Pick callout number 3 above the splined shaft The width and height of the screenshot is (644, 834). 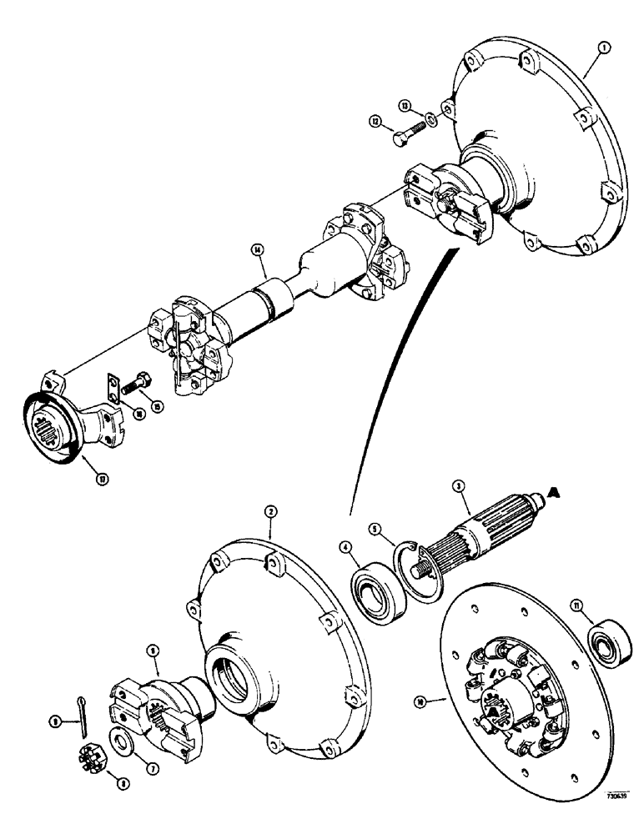tap(458, 487)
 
